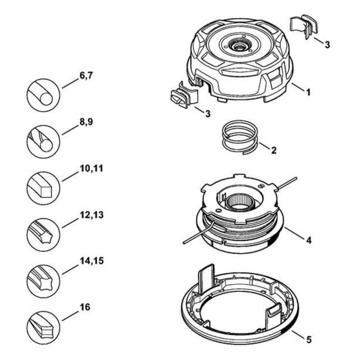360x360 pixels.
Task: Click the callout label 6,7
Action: pyautogui.click(x=86, y=76)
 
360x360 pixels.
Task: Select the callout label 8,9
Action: pyautogui.click(x=86, y=122)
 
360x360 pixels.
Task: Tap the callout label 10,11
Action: pyautogui.click(x=91, y=168)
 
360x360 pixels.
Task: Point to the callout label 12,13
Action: pyautogui.click(x=91, y=215)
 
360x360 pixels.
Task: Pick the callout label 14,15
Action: pyautogui.click(x=91, y=261)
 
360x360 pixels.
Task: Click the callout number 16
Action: pyautogui.click(x=85, y=307)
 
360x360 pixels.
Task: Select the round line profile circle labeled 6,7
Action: pyautogui.click(x=44, y=95)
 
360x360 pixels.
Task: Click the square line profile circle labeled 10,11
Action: pyautogui.click(x=44, y=188)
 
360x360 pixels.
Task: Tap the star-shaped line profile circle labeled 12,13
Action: pyautogui.click(x=44, y=235)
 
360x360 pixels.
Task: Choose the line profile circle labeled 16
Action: pyautogui.click(x=44, y=328)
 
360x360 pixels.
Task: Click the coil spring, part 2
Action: pyautogui.click(x=240, y=137)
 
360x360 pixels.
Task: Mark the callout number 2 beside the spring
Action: pyautogui.click(x=274, y=150)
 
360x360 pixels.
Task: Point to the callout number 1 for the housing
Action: pyautogui.click(x=309, y=92)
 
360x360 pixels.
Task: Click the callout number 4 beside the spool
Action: pyautogui.click(x=309, y=240)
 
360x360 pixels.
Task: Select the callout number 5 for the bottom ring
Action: pyautogui.click(x=309, y=339)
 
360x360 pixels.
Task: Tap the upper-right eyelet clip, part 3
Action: pyautogui.click(x=303, y=26)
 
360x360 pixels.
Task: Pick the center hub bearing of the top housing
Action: pyautogui.click(x=239, y=46)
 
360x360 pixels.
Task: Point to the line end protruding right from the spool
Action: pyautogui.click(x=287, y=183)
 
